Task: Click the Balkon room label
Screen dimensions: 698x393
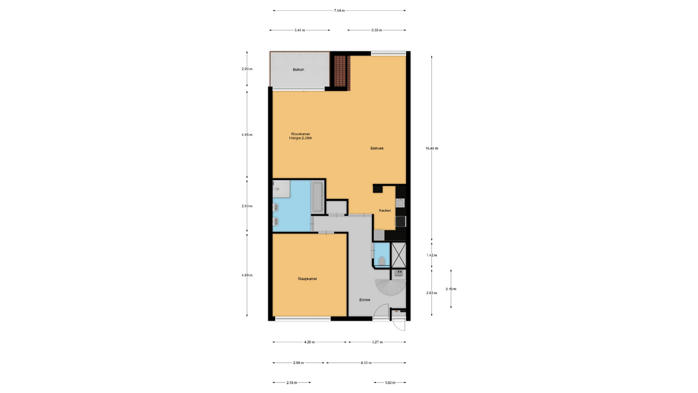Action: coord(298,70)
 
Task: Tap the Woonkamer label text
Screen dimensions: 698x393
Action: coord(300,134)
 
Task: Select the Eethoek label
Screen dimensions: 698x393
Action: coord(377,148)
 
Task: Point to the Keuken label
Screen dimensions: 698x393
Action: coord(385,210)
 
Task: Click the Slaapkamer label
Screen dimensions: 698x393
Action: coord(308,279)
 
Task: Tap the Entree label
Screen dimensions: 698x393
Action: coord(365,300)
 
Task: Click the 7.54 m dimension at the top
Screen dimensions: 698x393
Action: coord(339,11)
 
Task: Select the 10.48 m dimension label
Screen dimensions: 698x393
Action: coord(432,148)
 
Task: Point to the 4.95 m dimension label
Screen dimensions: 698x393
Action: coord(247,135)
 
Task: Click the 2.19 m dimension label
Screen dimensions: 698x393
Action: coord(451,289)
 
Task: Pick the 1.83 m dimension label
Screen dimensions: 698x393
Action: coord(390,382)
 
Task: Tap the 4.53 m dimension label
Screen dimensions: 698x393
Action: coord(366,362)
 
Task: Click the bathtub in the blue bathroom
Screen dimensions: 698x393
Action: coord(317,197)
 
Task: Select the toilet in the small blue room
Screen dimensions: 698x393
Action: coord(382,261)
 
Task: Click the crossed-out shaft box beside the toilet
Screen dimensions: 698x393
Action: coord(398,255)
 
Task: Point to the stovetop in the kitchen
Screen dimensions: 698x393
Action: coord(401,221)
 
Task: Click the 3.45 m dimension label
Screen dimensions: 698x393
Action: coord(300,30)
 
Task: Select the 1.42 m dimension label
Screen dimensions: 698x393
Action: coord(432,255)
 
